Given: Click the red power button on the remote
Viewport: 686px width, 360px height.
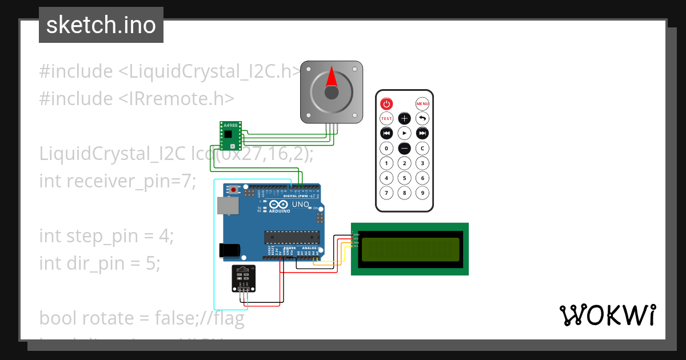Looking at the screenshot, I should coord(387,103).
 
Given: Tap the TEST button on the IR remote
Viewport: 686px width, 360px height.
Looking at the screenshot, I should coord(387,118).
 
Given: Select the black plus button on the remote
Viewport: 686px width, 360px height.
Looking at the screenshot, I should coord(404,118).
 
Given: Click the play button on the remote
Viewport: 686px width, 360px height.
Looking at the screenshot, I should coord(404,133).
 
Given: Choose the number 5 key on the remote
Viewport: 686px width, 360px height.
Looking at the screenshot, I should coord(404,178).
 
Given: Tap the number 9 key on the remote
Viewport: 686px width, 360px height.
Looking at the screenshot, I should coord(422,193).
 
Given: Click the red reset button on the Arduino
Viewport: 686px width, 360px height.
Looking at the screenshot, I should coord(234,190).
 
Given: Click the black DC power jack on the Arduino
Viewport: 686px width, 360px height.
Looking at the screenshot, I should coord(229,250).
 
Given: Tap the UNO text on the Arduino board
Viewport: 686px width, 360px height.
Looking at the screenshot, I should coord(300,205).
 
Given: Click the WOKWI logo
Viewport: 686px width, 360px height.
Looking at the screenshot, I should coord(607,315).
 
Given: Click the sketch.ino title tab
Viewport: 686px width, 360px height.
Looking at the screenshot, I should coord(101,25).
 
